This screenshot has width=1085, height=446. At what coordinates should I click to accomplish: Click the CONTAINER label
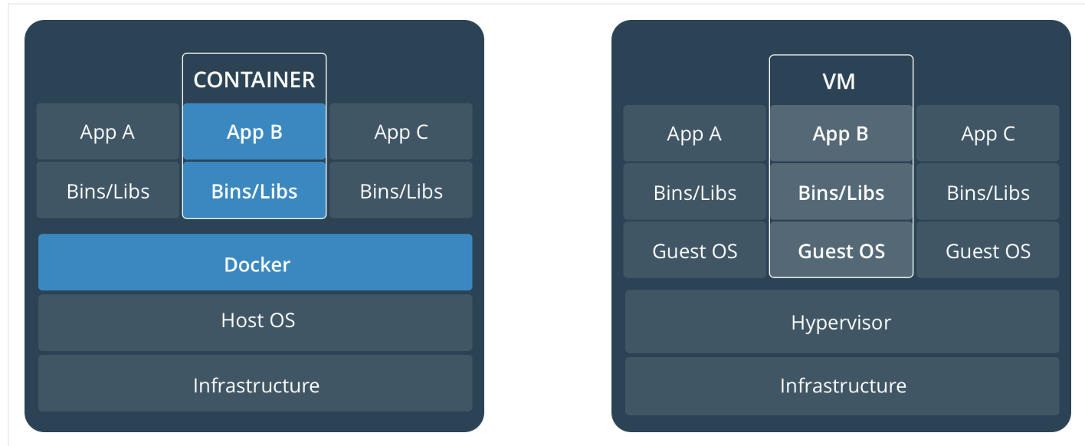pos(254,80)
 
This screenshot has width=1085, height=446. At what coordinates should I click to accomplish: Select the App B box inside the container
pos(254,132)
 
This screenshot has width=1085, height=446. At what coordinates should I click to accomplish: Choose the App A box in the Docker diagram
pos(107,132)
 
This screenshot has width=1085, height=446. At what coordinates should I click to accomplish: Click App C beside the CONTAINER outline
pos(401,132)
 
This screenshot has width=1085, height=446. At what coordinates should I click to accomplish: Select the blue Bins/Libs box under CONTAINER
pos(254,190)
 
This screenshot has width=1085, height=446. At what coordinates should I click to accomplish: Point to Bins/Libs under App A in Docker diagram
pos(107,190)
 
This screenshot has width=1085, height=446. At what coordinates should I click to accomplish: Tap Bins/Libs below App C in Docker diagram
pos(401,190)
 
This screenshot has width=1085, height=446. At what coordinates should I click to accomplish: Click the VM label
pos(841,80)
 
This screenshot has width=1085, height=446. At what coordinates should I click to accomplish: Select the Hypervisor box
pos(841,322)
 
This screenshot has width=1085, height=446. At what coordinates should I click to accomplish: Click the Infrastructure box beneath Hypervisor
pos(841,385)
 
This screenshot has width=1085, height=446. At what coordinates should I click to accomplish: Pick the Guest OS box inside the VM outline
pos(841,250)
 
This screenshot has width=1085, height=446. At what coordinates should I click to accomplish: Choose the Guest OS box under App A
pos(694,250)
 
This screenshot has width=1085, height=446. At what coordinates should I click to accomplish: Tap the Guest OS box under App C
pos(988,250)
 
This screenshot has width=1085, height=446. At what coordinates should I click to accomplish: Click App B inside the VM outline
pos(841,133)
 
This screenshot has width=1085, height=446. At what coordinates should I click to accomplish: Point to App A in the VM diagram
pos(694,133)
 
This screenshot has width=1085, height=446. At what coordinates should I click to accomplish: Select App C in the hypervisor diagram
pos(988,133)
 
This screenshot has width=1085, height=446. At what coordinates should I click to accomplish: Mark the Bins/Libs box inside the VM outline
pos(841,192)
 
